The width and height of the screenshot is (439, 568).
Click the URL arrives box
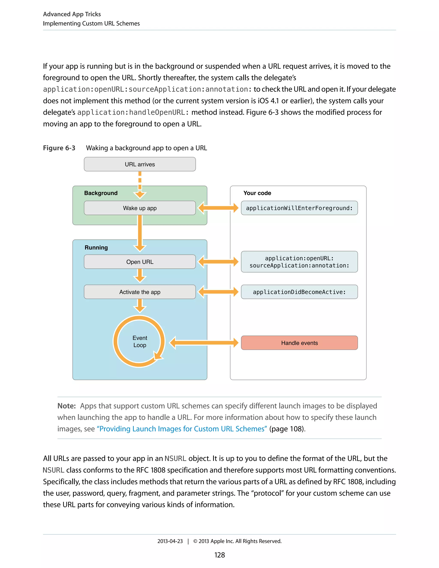140,164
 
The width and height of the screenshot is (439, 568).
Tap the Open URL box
140,262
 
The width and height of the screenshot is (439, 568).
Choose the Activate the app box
140,292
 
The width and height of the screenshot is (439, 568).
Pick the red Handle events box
299,343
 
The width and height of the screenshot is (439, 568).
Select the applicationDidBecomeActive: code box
299,292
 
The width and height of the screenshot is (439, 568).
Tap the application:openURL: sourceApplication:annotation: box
299,262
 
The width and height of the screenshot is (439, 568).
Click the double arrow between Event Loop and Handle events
204,343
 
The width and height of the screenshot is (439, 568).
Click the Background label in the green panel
101,193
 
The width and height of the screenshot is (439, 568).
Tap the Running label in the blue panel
96,247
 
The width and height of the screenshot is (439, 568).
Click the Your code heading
257,193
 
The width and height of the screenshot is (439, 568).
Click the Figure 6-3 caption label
59,148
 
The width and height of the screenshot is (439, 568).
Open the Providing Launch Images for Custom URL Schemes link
182,429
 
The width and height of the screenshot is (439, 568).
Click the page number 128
219,555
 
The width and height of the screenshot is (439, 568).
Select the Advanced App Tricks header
72,14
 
